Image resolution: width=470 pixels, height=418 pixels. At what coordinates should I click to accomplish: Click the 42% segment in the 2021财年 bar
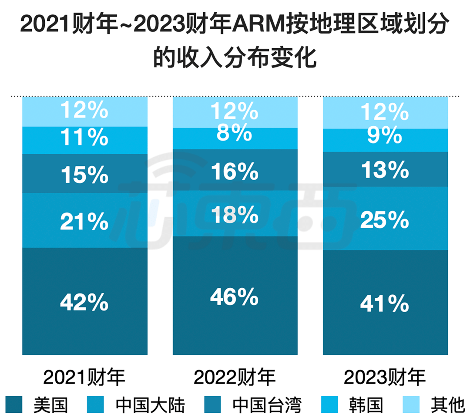tap(84, 301)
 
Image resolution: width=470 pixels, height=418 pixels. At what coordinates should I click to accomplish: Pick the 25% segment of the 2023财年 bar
tap(385, 220)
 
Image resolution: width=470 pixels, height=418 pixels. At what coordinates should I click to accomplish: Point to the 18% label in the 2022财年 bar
tap(235, 215)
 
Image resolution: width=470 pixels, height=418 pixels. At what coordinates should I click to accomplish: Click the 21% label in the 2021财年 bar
tap(84, 222)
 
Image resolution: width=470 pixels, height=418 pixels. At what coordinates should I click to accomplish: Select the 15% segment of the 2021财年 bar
tap(84, 174)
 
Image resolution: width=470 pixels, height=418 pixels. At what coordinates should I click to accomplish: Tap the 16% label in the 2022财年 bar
tap(235, 172)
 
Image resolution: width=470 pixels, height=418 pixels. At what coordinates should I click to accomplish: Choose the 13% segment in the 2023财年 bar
tap(385, 169)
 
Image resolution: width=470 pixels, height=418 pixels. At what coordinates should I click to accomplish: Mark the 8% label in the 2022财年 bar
tap(235, 133)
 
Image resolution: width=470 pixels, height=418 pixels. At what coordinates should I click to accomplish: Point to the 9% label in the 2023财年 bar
tap(385, 136)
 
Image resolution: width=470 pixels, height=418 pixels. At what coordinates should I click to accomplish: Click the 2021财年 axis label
tap(84, 377)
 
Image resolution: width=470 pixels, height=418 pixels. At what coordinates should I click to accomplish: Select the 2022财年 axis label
tap(235, 377)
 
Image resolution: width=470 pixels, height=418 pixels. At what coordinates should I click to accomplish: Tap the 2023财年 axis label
tap(385, 377)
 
